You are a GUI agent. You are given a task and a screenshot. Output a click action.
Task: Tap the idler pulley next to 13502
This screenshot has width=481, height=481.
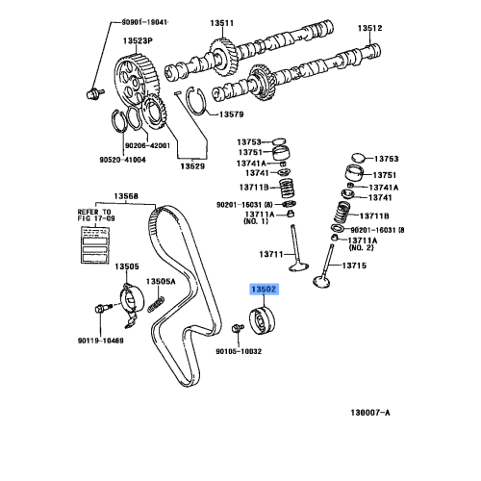pos(262,319)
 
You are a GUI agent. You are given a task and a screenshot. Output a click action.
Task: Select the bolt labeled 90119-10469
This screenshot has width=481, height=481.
pos(102,310)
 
